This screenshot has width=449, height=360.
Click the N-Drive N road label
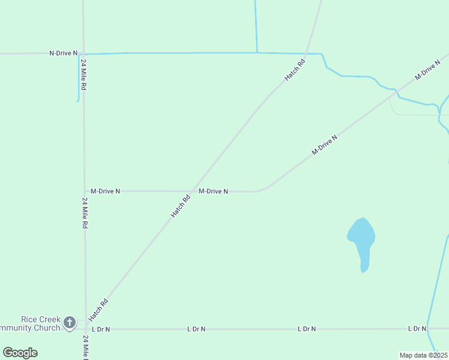pos(63,53)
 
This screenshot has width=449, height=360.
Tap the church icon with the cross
pos(70,323)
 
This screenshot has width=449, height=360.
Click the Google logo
pos(20,353)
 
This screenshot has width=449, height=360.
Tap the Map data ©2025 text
pos(424,355)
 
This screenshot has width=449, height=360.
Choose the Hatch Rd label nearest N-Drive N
pos(295,70)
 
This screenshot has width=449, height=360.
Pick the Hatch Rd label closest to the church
pos(98,310)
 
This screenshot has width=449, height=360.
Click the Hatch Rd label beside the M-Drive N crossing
pos(181,205)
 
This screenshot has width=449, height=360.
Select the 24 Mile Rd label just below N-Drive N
pos(84,75)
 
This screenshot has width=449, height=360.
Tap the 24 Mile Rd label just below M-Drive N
pos(85,213)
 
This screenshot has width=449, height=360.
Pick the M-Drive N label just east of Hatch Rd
pos(213,191)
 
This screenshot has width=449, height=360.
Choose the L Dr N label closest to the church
pos(101,329)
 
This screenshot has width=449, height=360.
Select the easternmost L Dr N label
pos(417,328)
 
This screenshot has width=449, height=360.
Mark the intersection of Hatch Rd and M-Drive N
pos(192,191)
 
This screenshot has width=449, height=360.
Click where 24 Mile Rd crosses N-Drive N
pos(83,54)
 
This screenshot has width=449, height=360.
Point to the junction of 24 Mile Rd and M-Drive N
pos(85,191)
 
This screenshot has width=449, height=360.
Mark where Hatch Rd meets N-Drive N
pos(306,53)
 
